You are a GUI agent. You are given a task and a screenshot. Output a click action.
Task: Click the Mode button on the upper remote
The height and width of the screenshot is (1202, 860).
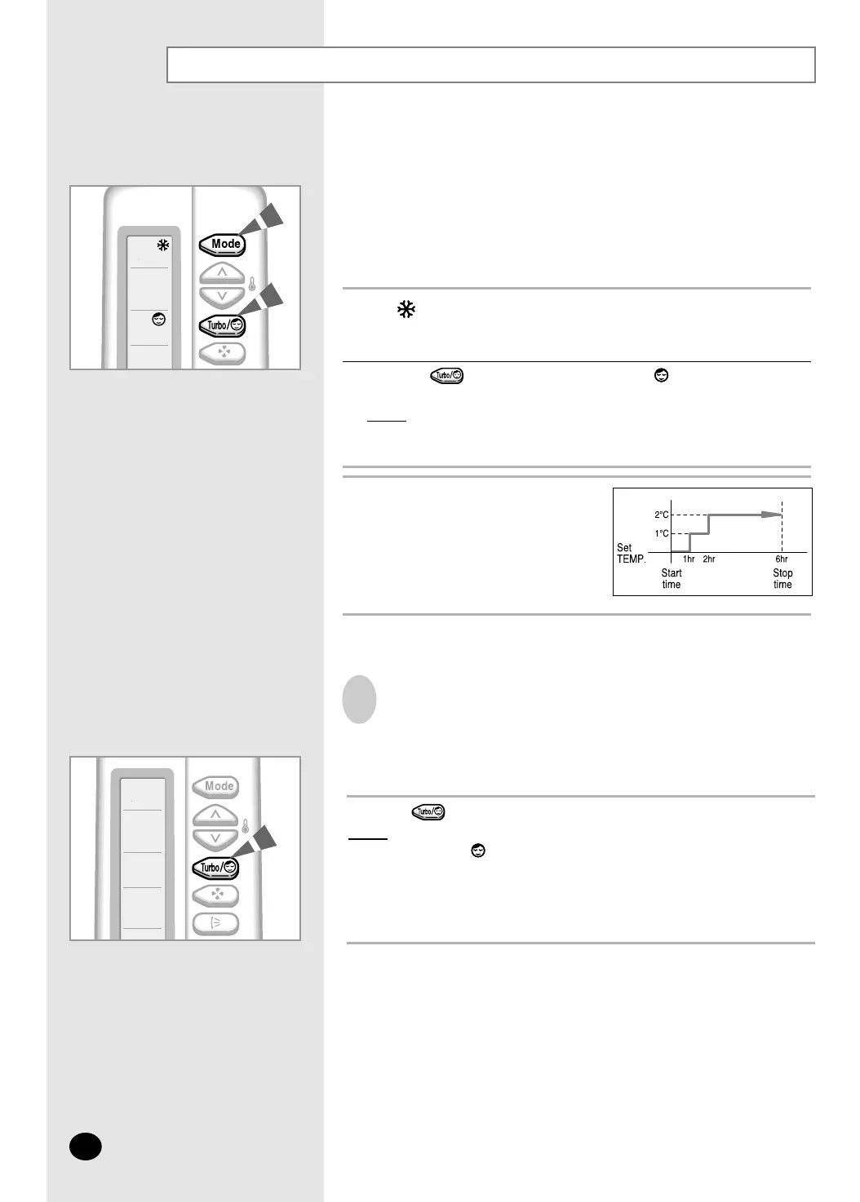[222, 245]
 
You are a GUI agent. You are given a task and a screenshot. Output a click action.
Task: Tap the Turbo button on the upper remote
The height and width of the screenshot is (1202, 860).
[222, 325]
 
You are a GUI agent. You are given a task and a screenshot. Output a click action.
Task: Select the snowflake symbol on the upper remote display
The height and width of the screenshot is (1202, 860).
[163, 245]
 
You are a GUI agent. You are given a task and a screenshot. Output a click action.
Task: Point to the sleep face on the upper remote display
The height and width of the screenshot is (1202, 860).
[159, 320]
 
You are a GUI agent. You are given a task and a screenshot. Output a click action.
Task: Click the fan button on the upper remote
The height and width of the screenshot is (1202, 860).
[222, 353]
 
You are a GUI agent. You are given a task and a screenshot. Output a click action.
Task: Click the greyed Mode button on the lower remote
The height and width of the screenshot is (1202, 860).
[215, 787]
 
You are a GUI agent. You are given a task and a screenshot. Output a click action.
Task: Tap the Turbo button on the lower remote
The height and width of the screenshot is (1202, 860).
[215, 868]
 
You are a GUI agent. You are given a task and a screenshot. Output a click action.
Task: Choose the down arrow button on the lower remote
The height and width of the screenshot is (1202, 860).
[215, 840]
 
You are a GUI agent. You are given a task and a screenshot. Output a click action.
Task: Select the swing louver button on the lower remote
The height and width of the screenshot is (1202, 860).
[215, 923]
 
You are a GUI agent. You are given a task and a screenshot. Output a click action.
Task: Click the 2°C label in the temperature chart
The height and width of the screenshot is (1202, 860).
[662, 515]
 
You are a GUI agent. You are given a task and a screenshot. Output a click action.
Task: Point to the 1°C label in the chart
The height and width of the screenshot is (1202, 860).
[662, 533]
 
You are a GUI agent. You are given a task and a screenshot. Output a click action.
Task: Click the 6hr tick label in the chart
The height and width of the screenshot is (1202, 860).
[782, 559]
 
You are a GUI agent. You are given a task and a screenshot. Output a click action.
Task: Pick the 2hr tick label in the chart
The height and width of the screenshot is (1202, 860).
[709, 559]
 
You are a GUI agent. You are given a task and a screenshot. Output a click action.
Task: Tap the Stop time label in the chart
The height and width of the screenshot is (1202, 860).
[782, 578]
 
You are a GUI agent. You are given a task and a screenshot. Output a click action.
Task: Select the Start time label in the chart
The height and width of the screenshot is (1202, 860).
[671, 578]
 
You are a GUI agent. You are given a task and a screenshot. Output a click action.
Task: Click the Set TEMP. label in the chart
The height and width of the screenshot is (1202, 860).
[631, 553]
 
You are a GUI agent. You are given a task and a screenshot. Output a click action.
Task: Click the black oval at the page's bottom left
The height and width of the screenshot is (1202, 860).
[86, 1147]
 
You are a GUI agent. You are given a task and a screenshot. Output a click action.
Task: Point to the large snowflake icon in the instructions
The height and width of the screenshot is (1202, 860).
[406, 309]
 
